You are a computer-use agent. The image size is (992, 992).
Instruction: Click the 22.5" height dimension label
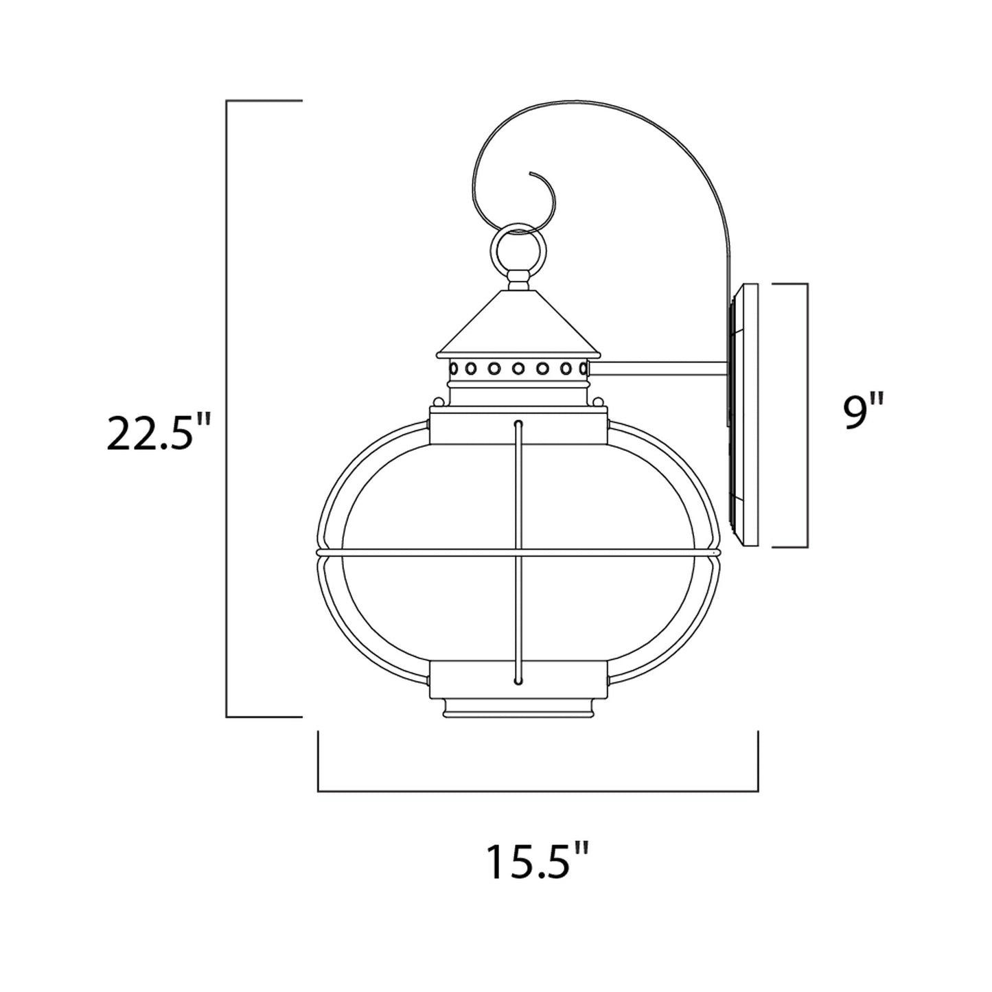(x=157, y=432)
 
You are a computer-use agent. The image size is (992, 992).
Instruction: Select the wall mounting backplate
(x=744, y=415)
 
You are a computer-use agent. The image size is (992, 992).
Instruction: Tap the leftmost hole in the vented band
(x=454, y=369)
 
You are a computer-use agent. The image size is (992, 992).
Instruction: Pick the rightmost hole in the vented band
(x=583, y=369)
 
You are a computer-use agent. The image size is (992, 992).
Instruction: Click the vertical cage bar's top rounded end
(x=518, y=424)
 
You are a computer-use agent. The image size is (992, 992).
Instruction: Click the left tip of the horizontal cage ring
(x=319, y=551)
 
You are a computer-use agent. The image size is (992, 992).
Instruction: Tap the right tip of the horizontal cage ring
(x=717, y=551)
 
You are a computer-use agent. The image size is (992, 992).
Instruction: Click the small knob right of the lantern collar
(x=599, y=402)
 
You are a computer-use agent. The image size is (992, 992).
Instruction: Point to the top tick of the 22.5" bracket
(x=264, y=101)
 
